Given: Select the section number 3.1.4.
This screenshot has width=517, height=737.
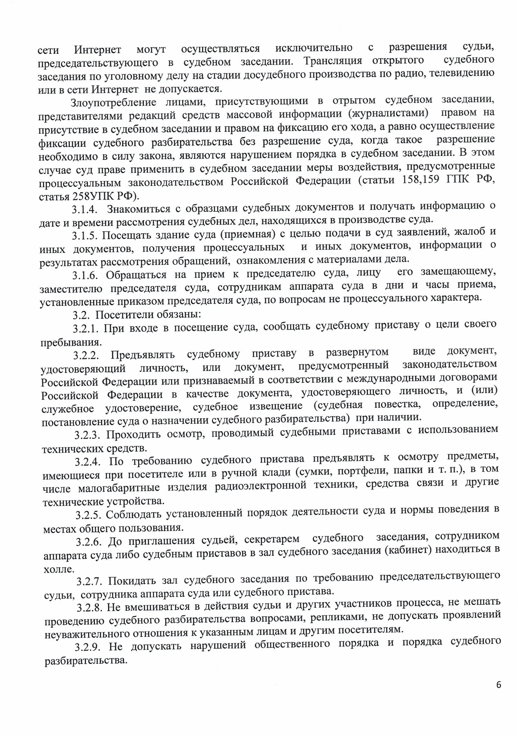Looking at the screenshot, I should coord(85,209).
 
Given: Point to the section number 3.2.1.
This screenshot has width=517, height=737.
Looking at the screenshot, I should coord(86,329).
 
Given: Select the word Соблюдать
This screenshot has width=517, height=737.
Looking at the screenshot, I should coord(134,514).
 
